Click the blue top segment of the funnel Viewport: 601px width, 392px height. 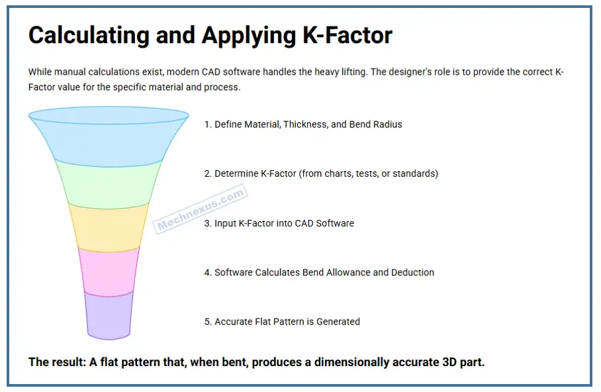[x=109, y=136]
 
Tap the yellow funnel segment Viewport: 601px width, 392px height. [x=109, y=226]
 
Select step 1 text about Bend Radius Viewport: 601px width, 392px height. [x=302, y=124]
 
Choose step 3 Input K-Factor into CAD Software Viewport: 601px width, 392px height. [x=279, y=223]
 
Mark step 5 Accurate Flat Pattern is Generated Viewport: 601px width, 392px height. [x=282, y=322]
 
